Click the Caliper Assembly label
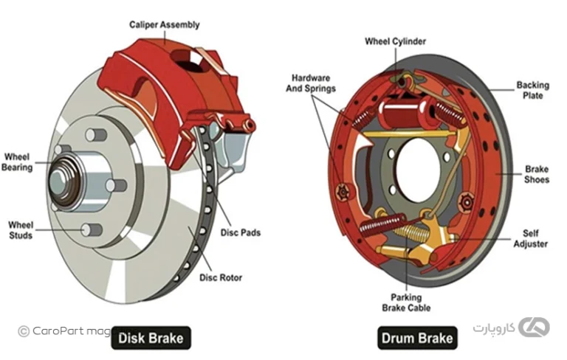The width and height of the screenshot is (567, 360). [x=165, y=24]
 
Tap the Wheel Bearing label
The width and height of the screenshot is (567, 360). [x=18, y=162]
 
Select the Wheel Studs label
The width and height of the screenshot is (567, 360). [x=21, y=229]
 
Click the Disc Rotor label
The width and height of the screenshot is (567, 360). [x=221, y=278]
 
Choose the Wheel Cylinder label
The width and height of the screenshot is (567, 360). [x=395, y=41]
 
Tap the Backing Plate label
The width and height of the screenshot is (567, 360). [x=532, y=90]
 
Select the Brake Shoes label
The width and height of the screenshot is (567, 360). [x=537, y=174]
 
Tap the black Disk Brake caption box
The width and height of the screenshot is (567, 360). [x=151, y=339]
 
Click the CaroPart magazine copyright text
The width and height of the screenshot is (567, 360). [x=63, y=331]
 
